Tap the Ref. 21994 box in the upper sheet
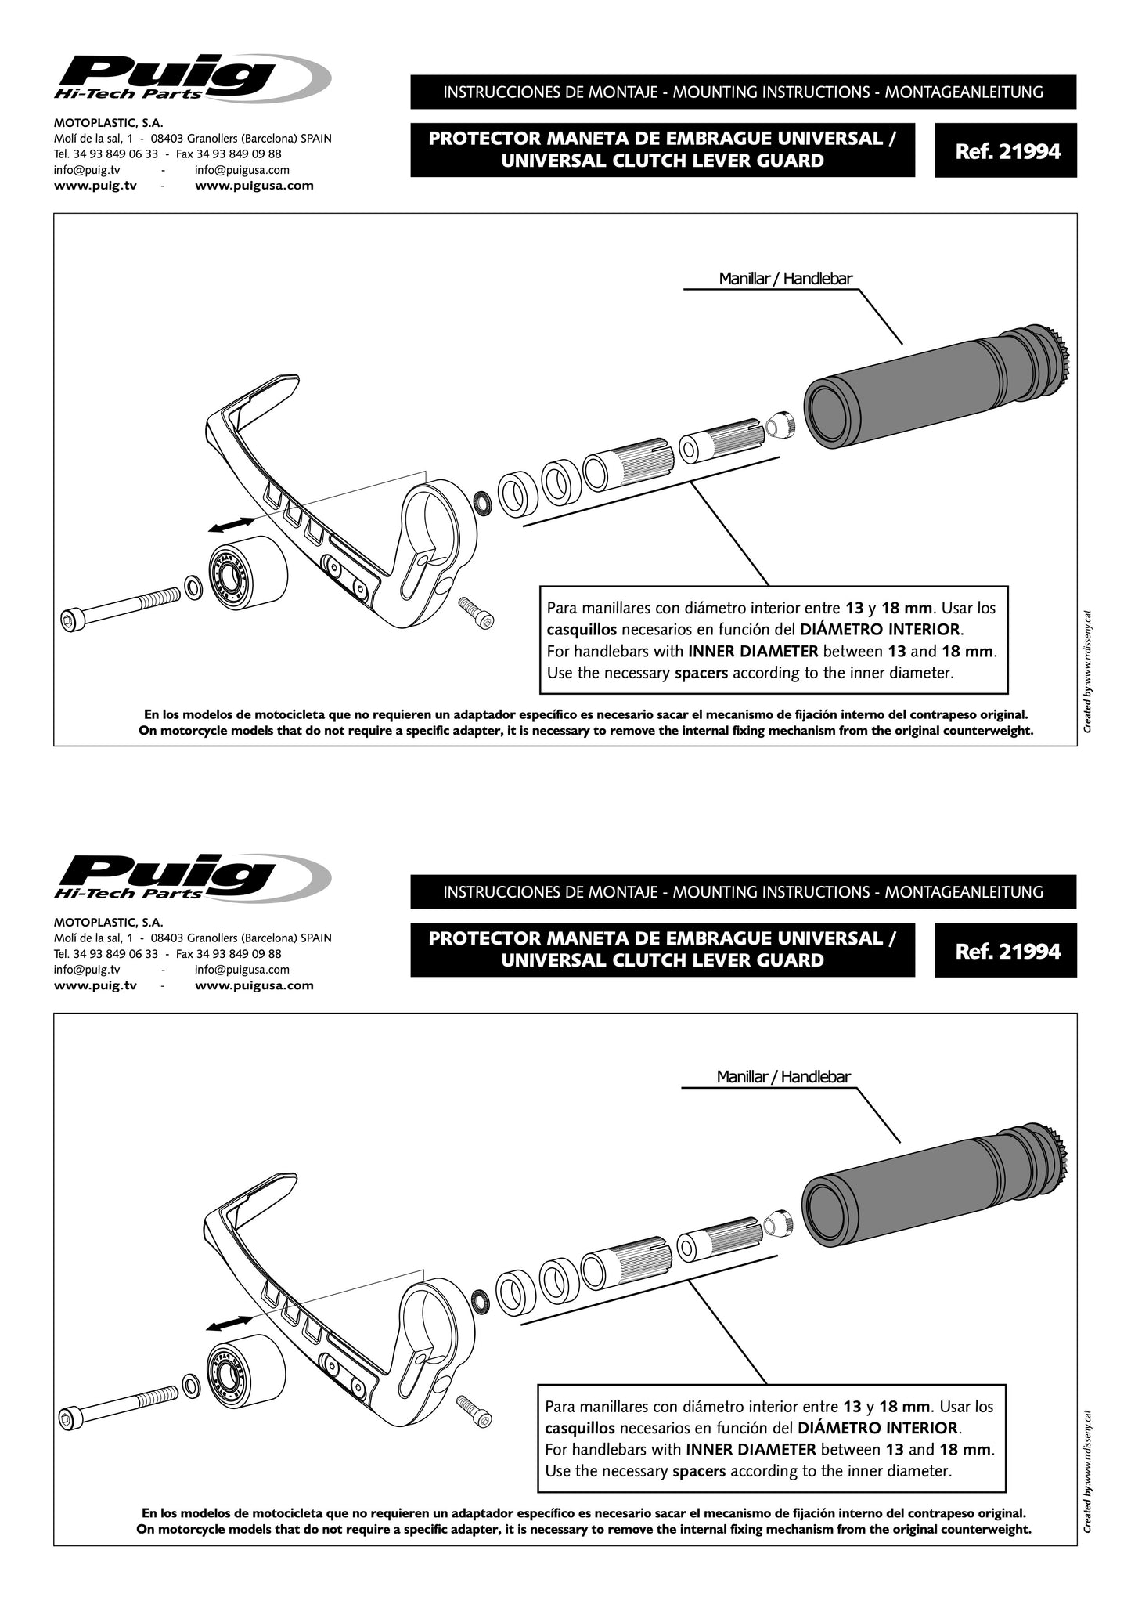click(1006, 150)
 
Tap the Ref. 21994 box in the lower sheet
click(1006, 950)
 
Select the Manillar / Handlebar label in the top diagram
click(785, 279)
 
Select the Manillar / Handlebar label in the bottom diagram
click(783, 1077)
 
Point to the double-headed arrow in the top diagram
click(232, 525)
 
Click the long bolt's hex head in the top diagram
click(68, 621)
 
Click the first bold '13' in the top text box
click(855, 608)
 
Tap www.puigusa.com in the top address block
click(254, 186)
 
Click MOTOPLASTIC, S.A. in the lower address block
click(108, 923)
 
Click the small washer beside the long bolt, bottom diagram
click(189, 1385)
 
